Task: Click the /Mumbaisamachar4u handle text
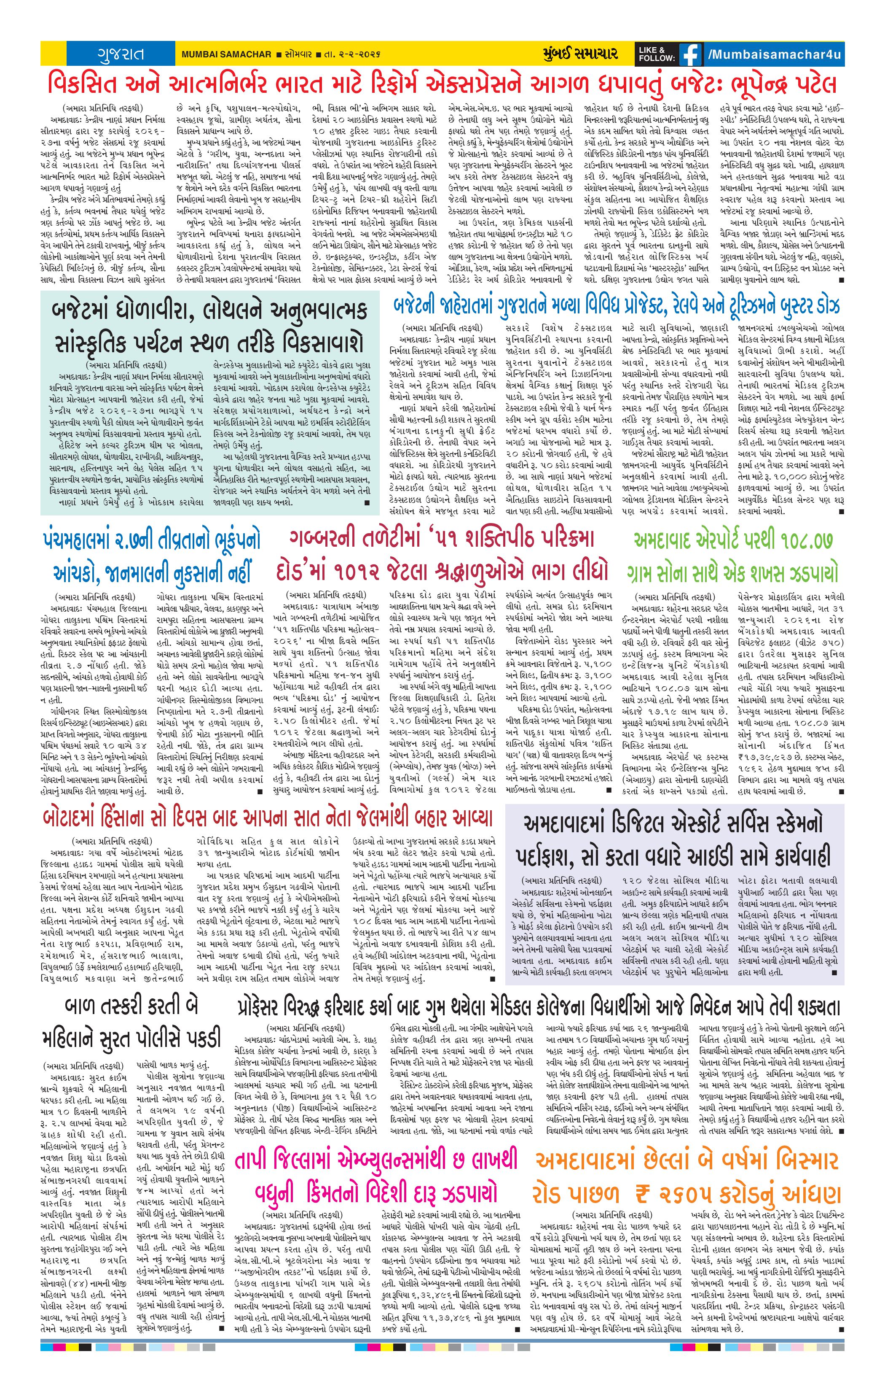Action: click(x=775, y=54)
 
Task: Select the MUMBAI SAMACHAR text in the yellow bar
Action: click(x=226, y=54)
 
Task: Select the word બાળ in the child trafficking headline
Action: click(x=81, y=1006)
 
